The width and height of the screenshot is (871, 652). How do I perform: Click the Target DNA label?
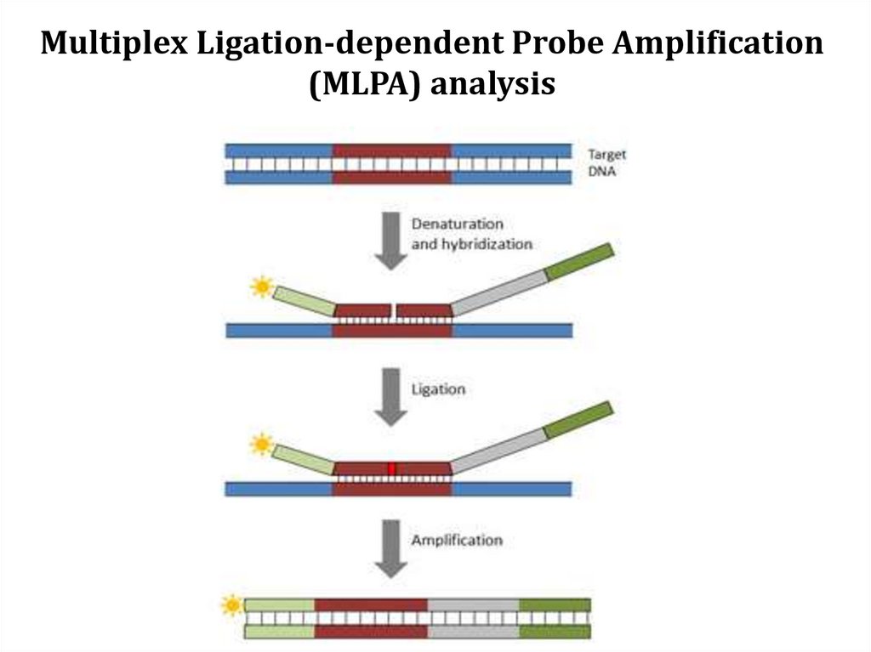click(607, 162)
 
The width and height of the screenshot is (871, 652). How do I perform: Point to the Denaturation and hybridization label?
click(471, 234)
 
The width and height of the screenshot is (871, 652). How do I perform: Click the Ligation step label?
click(438, 389)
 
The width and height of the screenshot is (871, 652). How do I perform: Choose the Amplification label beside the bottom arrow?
click(456, 540)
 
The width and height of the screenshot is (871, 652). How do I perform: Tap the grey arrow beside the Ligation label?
click(391, 395)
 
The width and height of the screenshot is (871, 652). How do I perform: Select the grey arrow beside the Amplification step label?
click(391, 547)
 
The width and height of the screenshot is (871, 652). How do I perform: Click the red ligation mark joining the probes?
click(392, 469)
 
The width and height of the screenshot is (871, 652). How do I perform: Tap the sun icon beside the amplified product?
click(231, 605)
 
